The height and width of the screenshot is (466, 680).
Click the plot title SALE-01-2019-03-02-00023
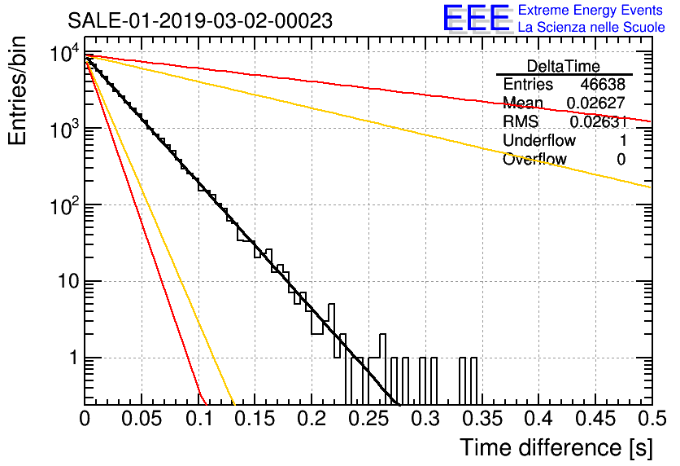pos(200,20)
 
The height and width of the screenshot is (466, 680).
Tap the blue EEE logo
pos(477,18)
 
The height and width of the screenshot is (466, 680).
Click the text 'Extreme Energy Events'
pos(591,10)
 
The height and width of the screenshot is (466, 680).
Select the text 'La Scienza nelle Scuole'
pos(591,27)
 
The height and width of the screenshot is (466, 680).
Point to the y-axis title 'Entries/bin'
pos(17,91)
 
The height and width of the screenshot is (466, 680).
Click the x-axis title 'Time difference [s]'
pos(556,448)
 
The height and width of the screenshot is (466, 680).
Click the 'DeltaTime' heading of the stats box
pos(564,66)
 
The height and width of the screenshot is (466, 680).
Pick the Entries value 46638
pos(603,84)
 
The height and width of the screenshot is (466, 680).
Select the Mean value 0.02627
pos(596,103)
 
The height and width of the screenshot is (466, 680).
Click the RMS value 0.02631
pos(599,121)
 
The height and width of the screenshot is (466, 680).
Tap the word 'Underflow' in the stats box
pos(539,140)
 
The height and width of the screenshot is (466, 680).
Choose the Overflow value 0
pos(621,160)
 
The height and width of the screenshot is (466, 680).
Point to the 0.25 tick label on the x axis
pos(369,419)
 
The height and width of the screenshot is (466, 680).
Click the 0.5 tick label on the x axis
pos(652,419)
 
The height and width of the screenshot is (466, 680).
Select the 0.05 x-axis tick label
pos(142,419)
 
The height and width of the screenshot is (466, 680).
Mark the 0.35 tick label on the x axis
pos(482,419)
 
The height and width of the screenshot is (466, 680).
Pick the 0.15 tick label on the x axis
pos(255,419)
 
